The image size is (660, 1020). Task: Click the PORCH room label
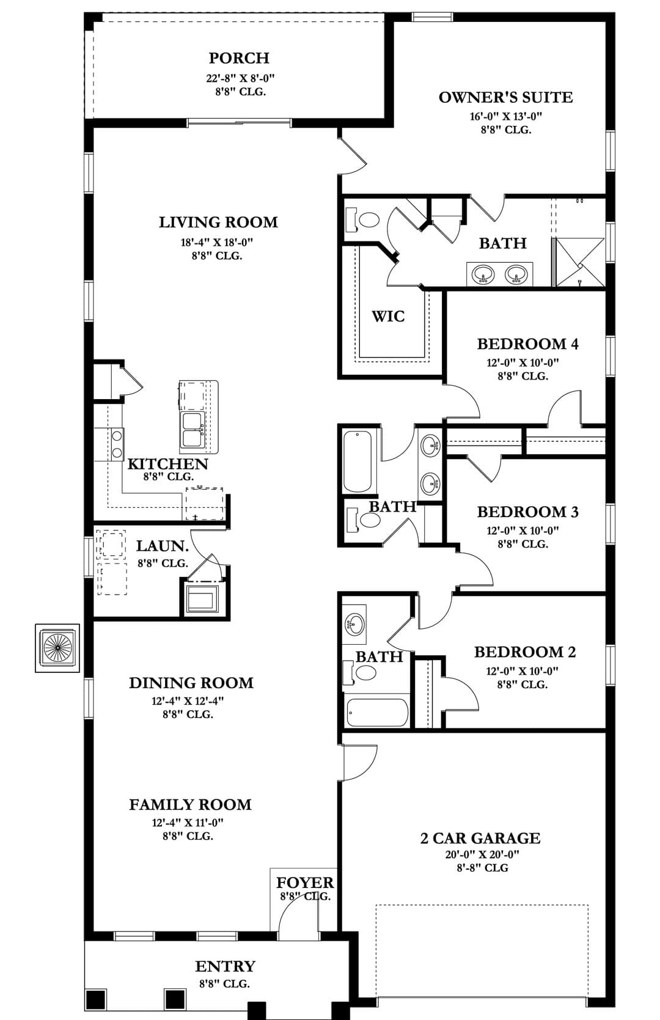(239, 58)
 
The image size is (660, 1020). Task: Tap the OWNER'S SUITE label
(505, 97)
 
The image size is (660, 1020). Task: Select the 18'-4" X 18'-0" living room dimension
(217, 242)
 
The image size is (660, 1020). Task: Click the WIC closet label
(388, 316)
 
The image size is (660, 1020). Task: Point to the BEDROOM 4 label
(528, 344)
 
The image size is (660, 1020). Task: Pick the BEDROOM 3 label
(528, 512)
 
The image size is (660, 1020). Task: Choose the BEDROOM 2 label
(525, 652)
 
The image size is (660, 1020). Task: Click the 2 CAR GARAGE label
(480, 838)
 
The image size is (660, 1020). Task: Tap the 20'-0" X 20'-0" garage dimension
(482, 855)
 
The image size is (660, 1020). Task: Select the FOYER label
(305, 882)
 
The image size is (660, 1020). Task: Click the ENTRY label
(226, 966)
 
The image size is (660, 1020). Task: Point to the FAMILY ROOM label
(191, 805)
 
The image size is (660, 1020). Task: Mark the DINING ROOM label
(191, 683)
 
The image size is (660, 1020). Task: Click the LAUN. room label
(163, 546)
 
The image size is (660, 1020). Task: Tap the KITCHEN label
(167, 464)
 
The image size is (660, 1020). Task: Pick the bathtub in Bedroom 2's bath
(378, 713)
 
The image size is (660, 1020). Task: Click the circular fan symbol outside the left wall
(58, 648)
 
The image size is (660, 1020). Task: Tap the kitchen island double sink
(193, 430)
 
